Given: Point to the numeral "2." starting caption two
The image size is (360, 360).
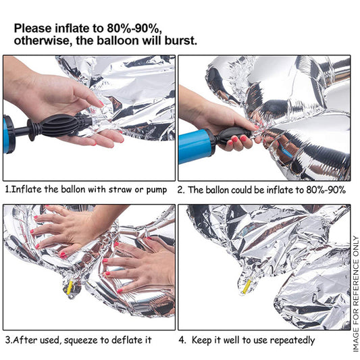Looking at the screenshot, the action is [181, 190].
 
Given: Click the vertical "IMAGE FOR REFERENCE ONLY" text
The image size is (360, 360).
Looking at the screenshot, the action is [355, 294].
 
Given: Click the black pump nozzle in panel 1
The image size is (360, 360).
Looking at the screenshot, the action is [59, 126].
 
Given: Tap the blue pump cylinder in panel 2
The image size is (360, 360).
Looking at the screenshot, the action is [196, 146].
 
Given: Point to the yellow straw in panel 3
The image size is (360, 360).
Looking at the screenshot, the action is [70, 287].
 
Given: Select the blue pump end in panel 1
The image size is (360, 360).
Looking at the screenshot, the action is [9, 134].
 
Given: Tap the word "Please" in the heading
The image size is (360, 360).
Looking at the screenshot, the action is [33, 28].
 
